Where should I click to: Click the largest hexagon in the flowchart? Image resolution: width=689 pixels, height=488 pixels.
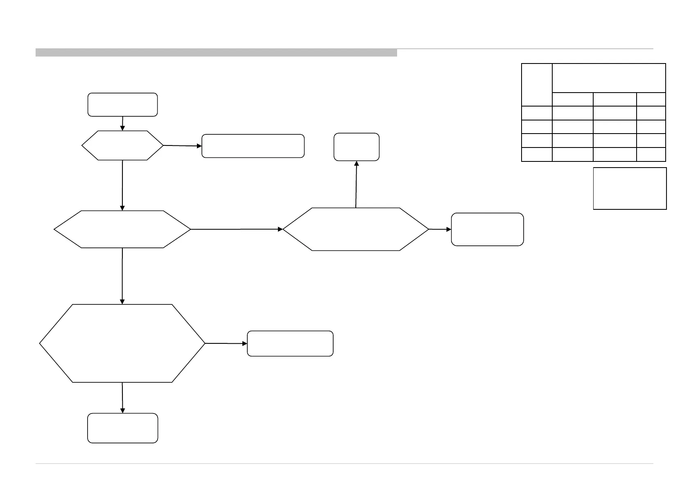pos(122,343)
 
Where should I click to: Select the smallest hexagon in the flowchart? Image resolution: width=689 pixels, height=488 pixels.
pos(122,145)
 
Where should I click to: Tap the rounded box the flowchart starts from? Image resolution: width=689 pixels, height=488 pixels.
pos(122,104)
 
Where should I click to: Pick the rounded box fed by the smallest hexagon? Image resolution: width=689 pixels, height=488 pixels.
pos(253,146)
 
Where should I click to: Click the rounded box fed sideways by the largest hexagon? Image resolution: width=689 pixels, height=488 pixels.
pos(290,343)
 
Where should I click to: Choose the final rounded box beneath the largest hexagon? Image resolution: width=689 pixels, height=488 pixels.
pos(122,428)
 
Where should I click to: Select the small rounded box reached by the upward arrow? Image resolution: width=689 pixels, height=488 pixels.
pos(356,147)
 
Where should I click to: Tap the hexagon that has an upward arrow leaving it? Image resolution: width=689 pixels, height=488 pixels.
pos(356,229)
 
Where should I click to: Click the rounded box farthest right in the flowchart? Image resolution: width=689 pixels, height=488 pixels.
pos(487,229)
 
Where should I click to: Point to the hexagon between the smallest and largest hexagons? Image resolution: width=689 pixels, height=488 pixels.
pos(122,229)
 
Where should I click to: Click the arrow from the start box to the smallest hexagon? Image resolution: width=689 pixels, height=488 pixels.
pos(122,123)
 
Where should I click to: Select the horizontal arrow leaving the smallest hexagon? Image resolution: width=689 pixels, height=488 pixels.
pos(182,145)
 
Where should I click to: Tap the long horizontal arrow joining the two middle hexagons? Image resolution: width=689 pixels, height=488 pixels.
pos(237,229)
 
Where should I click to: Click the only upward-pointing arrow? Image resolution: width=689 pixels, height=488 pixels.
pos(356,184)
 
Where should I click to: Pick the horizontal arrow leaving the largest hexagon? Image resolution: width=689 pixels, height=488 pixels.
pos(226,343)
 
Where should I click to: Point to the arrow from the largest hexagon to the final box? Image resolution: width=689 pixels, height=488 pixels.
pos(122,398)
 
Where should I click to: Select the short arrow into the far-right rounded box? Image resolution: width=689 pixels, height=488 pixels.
pos(440,229)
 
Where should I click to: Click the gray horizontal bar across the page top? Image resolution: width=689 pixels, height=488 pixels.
pos(216,52)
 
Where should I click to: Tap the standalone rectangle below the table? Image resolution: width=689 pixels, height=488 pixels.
pos(630,188)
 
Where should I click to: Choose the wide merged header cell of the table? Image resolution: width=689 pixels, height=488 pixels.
pos(609,78)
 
